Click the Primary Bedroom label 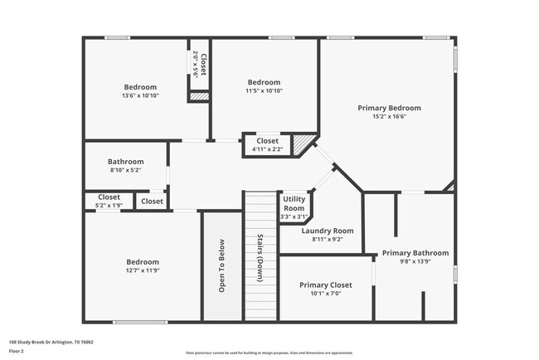[x=389, y=108]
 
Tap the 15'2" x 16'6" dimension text [x=389, y=117]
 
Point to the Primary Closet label [x=326, y=285]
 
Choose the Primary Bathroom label [x=415, y=253]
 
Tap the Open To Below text [x=221, y=266]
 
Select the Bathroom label [x=125, y=162]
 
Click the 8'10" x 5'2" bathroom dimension [x=125, y=170]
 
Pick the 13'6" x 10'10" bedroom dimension [x=140, y=95]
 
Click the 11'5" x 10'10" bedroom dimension [x=264, y=90]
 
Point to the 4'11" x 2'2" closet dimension [x=267, y=149]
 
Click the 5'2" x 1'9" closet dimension [x=103, y=205]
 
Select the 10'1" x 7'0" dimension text [x=326, y=293]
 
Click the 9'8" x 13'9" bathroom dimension [x=415, y=261]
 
